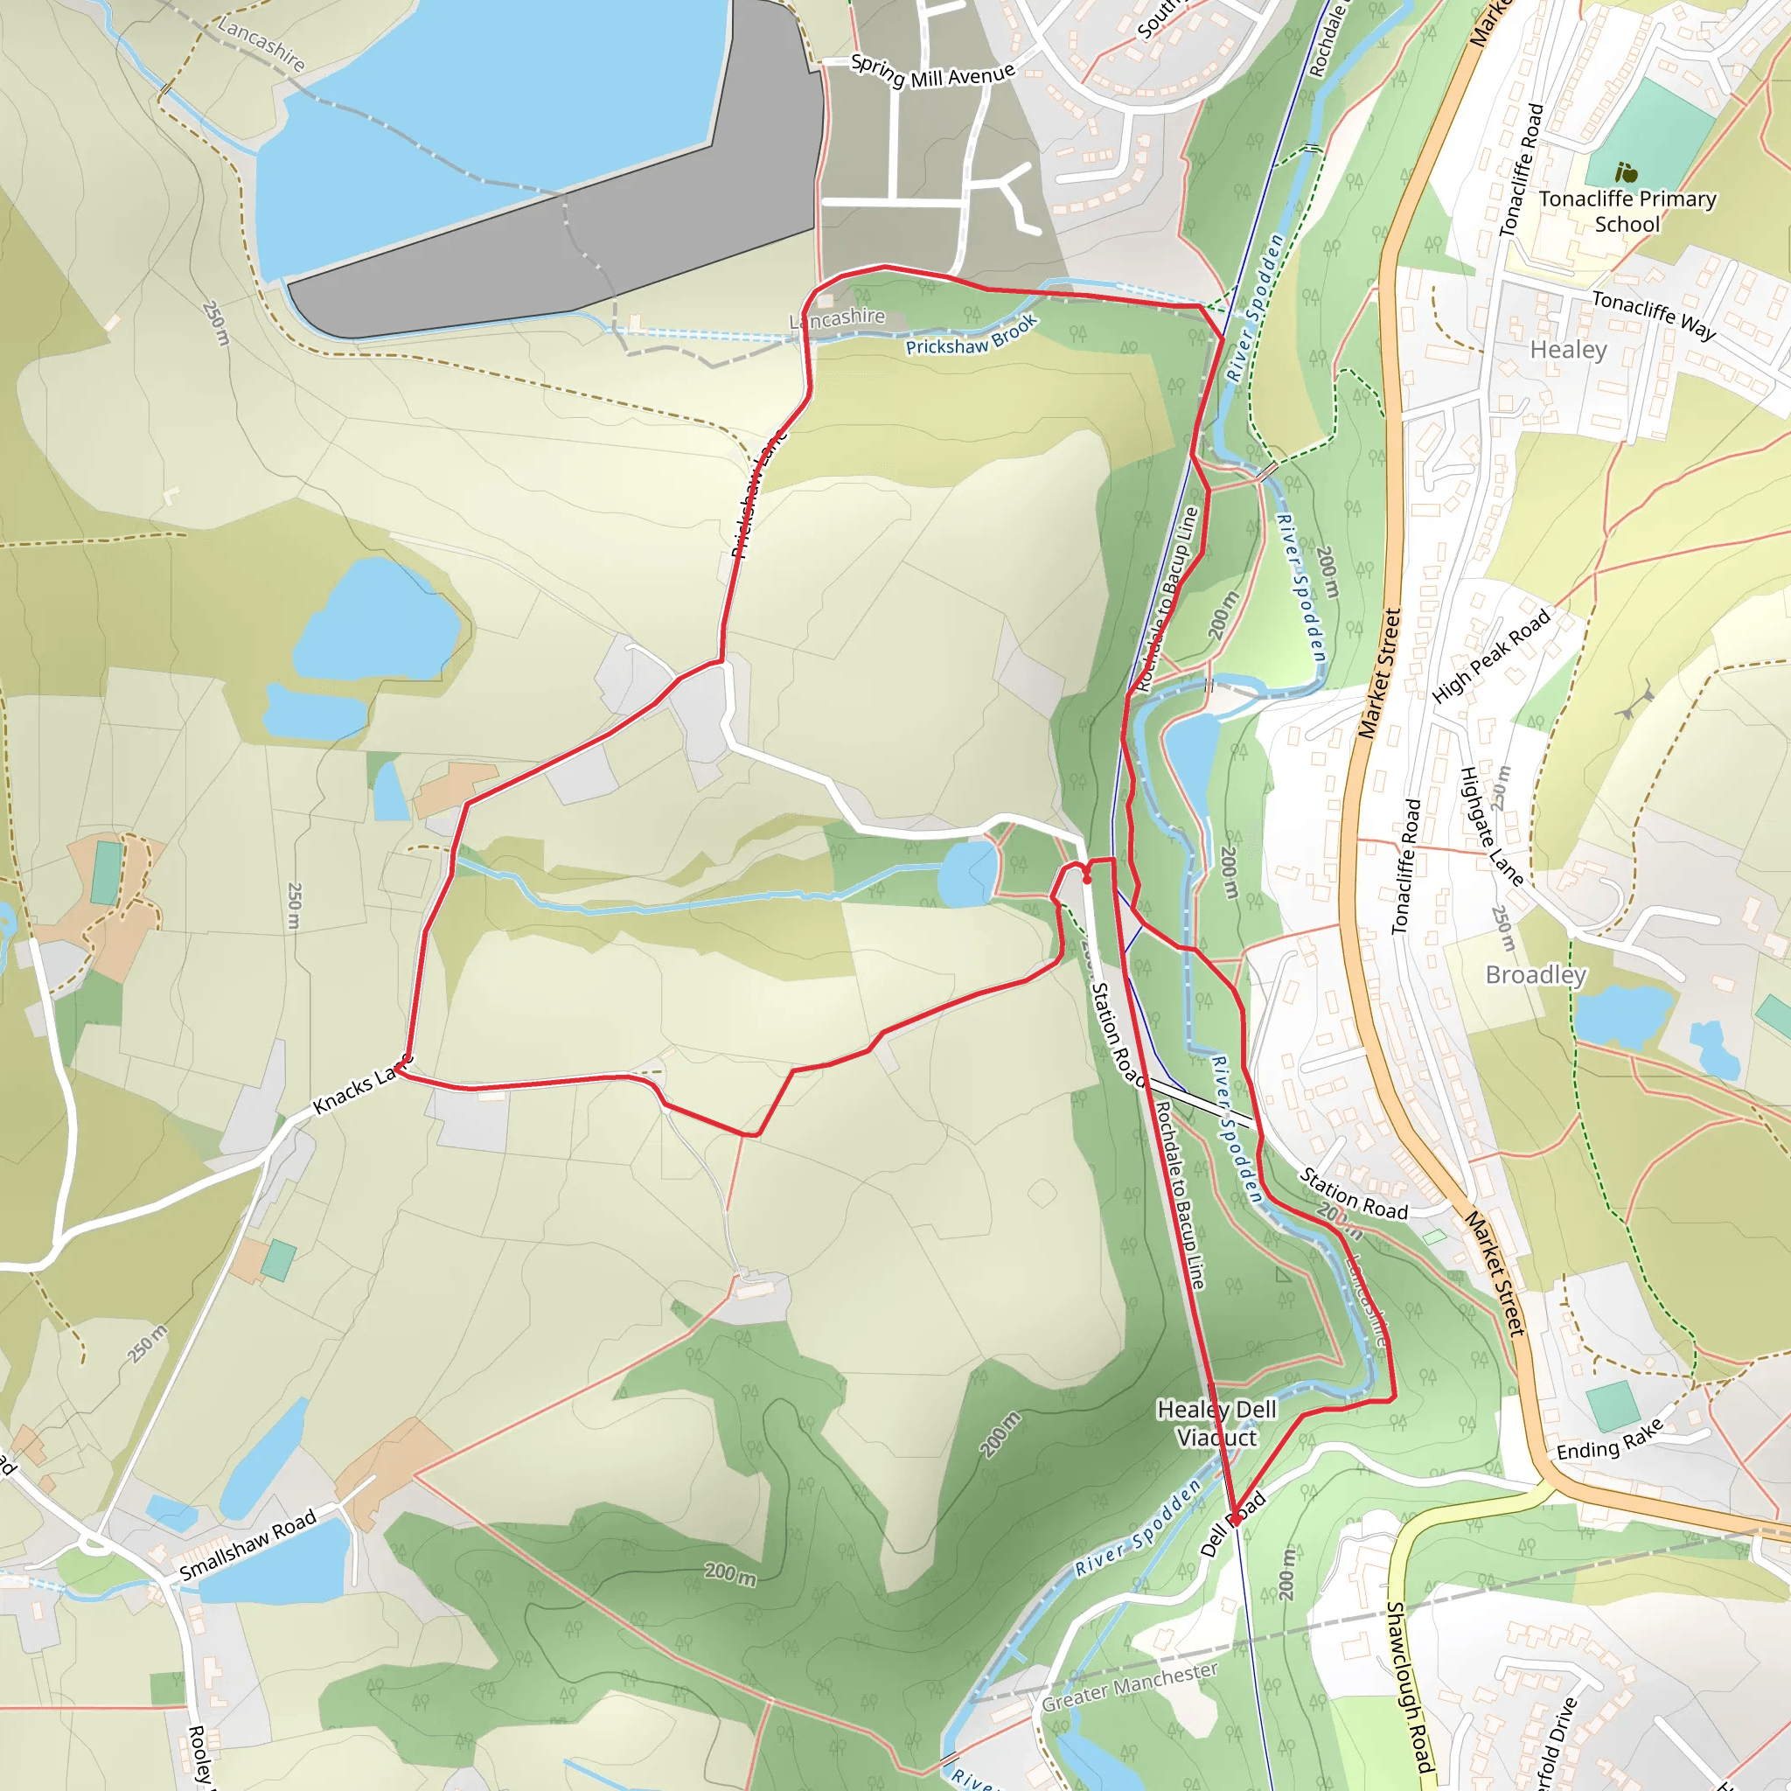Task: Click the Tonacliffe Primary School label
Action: point(1627,212)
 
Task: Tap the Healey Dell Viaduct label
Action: point(1217,1423)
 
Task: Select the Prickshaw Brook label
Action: point(971,337)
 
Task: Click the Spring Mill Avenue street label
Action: point(931,73)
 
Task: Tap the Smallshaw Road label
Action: point(247,1544)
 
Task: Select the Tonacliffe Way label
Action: point(1654,313)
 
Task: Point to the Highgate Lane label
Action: point(1491,826)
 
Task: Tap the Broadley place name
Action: point(1536,975)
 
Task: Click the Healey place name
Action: point(1568,350)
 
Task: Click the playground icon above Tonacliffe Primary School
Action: point(1626,172)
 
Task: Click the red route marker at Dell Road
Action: point(1235,1520)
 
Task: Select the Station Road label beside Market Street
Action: point(1353,1194)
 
